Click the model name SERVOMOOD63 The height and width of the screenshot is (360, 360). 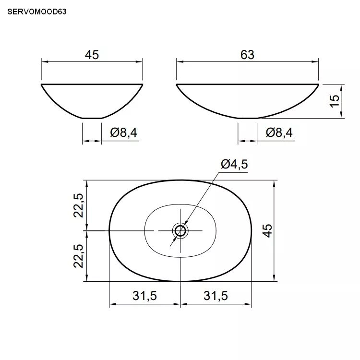(x=37, y=12)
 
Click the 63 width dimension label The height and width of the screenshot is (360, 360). (x=247, y=55)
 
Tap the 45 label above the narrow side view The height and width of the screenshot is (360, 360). (x=92, y=55)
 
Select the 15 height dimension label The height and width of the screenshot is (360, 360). (x=334, y=101)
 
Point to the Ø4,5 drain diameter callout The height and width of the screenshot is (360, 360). (x=234, y=164)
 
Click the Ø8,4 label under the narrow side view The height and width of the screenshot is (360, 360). (x=123, y=132)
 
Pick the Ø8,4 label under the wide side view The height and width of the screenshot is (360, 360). (x=279, y=132)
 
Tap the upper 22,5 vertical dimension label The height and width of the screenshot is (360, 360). (x=78, y=205)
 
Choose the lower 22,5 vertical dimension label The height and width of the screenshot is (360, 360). (x=78, y=256)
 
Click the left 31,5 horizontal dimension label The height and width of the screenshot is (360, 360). (x=144, y=296)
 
